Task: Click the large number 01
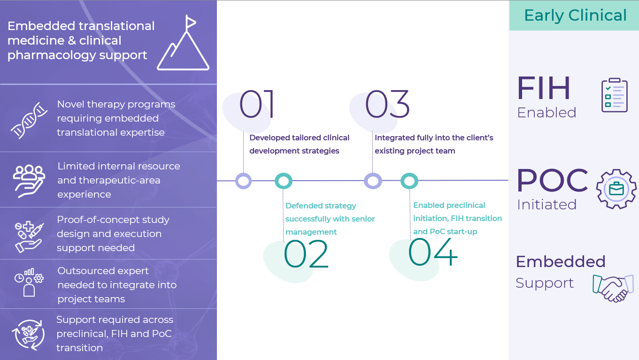click(257, 104)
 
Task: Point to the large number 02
click(306, 254)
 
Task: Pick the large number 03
click(387, 104)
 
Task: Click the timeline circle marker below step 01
click(243, 181)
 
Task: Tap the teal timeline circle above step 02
click(284, 181)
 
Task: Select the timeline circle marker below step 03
click(373, 181)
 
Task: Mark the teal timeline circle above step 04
click(409, 181)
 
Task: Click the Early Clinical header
click(575, 15)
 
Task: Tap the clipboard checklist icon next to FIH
click(614, 95)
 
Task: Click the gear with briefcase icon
click(616, 189)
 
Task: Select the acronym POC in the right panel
click(552, 181)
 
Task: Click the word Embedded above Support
click(560, 261)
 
